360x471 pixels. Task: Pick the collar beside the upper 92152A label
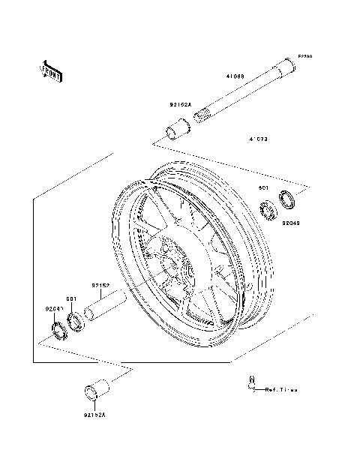pyautogui.click(x=177, y=130)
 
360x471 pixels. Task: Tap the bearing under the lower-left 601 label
pyautogui.click(x=74, y=322)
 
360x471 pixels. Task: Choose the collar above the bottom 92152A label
pyautogui.click(x=95, y=391)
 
